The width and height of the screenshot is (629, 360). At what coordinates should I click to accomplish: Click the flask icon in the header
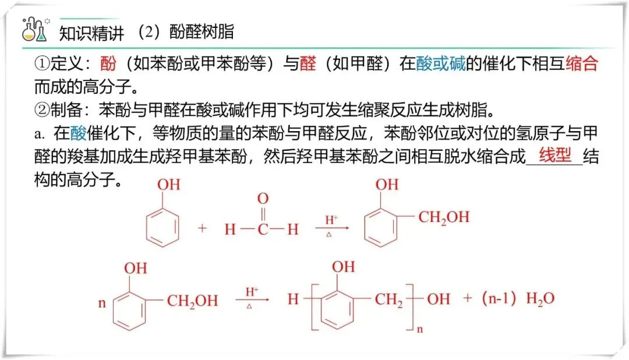(x=34, y=30)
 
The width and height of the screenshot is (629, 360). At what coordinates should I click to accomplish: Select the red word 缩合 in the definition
(x=582, y=64)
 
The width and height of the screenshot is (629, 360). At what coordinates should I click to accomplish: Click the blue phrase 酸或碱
(x=441, y=64)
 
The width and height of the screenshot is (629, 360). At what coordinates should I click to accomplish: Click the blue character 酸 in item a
(x=78, y=134)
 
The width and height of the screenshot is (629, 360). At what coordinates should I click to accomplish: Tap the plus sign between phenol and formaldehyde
(x=202, y=228)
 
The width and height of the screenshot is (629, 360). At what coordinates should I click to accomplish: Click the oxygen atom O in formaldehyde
(x=263, y=199)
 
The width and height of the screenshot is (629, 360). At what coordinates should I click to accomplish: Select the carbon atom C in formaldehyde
(x=263, y=229)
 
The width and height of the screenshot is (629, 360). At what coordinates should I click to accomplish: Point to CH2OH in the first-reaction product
(x=444, y=218)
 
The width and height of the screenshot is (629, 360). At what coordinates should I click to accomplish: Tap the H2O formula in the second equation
(x=540, y=299)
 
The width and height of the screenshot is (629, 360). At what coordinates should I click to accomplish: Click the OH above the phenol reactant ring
(x=169, y=185)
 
